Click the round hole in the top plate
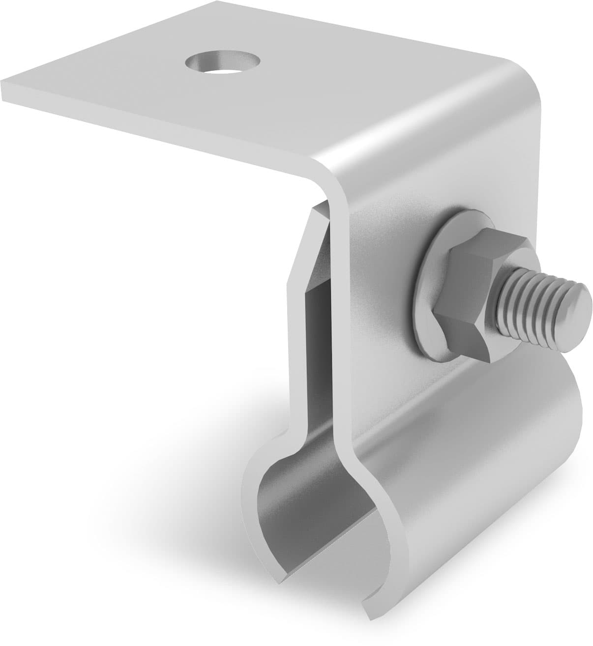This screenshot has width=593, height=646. (222, 63)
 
